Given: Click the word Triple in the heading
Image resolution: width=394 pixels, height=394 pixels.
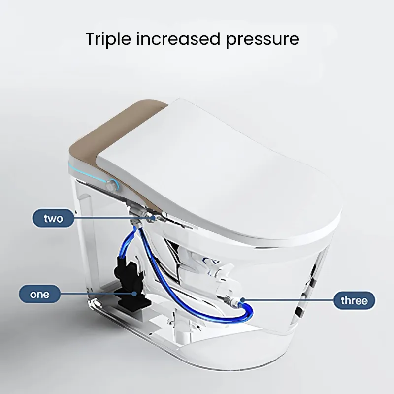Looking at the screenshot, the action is click(x=108, y=39).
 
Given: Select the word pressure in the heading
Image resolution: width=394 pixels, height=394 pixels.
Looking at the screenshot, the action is click(x=263, y=40).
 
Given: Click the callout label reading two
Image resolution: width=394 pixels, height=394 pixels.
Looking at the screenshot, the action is click(x=53, y=218).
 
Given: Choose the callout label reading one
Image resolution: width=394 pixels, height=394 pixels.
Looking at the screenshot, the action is click(x=40, y=294).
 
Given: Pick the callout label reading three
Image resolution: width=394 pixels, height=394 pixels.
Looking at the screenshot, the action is click(x=354, y=300).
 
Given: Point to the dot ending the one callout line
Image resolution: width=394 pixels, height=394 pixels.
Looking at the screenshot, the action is click(x=135, y=293).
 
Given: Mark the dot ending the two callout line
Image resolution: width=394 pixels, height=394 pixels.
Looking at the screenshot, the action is click(x=154, y=218).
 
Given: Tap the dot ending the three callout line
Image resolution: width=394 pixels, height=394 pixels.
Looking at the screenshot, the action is click(x=243, y=299).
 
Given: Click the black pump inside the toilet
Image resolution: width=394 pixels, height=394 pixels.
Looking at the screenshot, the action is click(x=128, y=279).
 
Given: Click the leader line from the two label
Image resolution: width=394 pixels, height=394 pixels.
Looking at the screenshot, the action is click(x=113, y=218).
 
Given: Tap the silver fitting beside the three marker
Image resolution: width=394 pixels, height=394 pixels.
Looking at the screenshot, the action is click(x=231, y=301).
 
